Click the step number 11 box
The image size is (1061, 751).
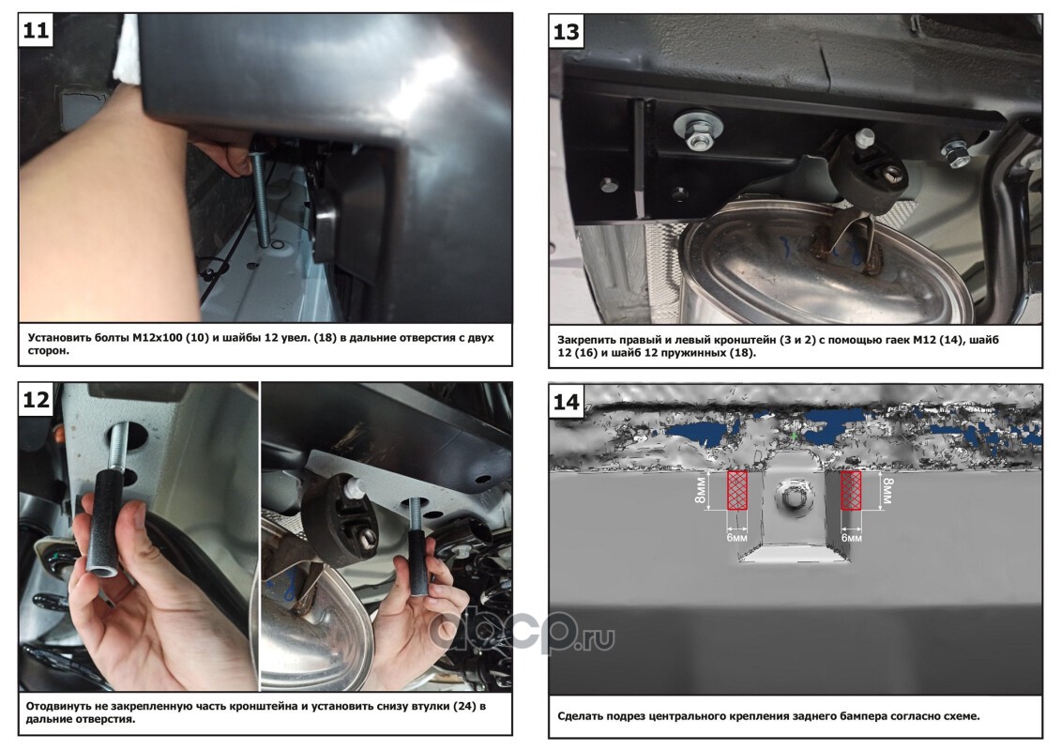pyautogui.click(x=36, y=30)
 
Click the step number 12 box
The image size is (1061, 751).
pyautogui.click(x=36, y=399)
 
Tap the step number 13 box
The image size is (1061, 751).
pyautogui.click(x=566, y=32)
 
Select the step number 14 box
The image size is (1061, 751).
pyautogui.click(x=566, y=402)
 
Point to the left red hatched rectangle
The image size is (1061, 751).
pyautogui.click(x=736, y=490)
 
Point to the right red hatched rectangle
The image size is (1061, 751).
pyautogui.click(x=851, y=490)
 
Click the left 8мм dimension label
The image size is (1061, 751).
pyautogui.click(x=701, y=490)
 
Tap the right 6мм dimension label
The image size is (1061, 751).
pyautogui.click(x=851, y=537)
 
